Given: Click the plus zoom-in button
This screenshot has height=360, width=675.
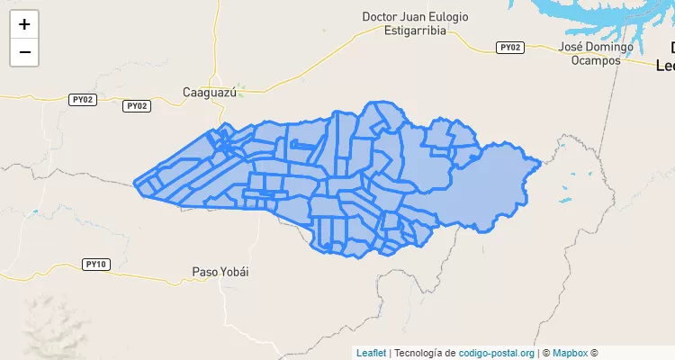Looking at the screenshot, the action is coord(24,24).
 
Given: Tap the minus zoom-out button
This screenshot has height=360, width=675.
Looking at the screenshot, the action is coord(24,52).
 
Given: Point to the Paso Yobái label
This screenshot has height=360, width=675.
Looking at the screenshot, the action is coord(220,271).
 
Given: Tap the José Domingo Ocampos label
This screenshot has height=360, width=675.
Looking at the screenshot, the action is coord(596,53).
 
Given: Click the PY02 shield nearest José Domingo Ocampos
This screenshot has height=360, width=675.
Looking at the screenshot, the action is coord(510,47).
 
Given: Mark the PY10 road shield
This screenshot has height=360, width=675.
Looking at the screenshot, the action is coord(95,264).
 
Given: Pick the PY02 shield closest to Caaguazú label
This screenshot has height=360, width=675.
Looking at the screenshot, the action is coord(136,105).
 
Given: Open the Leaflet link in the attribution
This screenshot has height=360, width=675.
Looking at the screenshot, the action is coord(370,353).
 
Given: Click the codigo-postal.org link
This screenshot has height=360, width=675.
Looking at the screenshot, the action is coord(497,353).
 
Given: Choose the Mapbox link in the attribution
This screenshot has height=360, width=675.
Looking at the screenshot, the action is coord(570,353).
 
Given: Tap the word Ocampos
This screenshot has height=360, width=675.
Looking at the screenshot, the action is coord(596,60).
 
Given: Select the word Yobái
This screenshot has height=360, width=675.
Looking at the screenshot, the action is coord(234,271).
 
